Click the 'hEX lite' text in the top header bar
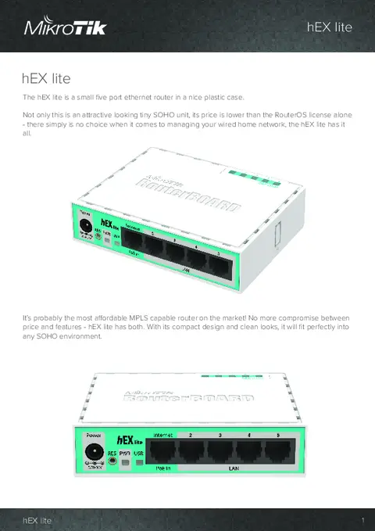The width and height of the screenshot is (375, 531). [x=329, y=28]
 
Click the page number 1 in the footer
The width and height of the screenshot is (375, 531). [x=363, y=520]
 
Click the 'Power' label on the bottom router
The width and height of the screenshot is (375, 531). [x=93, y=432]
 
